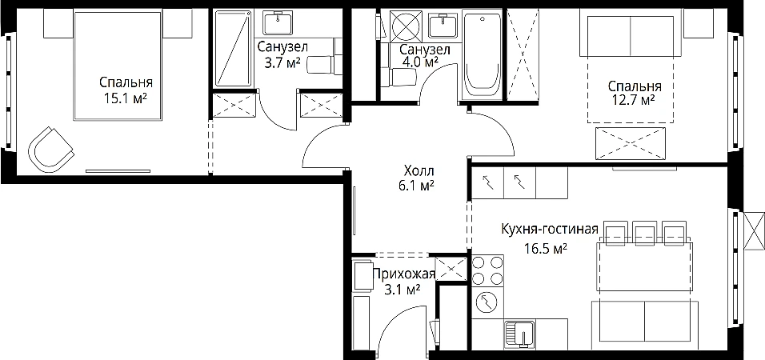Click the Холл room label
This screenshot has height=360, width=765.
tap(419, 171)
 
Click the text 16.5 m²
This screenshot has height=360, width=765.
tap(546, 250)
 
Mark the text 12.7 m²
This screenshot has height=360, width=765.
tap(633, 101)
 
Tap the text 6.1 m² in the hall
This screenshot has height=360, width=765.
tap(419, 186)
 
